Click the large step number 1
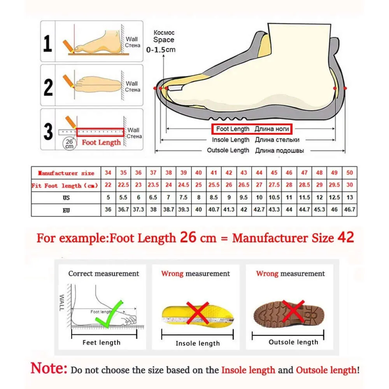point(47,44)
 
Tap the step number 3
point(48,132)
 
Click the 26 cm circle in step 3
point(69,143)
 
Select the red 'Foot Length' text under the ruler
point(101,142)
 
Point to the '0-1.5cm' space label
point(161,49)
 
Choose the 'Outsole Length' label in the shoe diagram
point(228,151)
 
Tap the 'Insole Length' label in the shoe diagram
point(230,140)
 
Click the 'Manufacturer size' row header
point(66,173)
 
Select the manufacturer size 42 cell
point(229,173)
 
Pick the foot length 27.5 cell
point(274,185)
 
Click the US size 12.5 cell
point(335,198)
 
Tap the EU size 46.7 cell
point(350,210)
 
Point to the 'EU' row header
point(66,210)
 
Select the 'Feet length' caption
point(102,343)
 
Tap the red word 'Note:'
point(49,368)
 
